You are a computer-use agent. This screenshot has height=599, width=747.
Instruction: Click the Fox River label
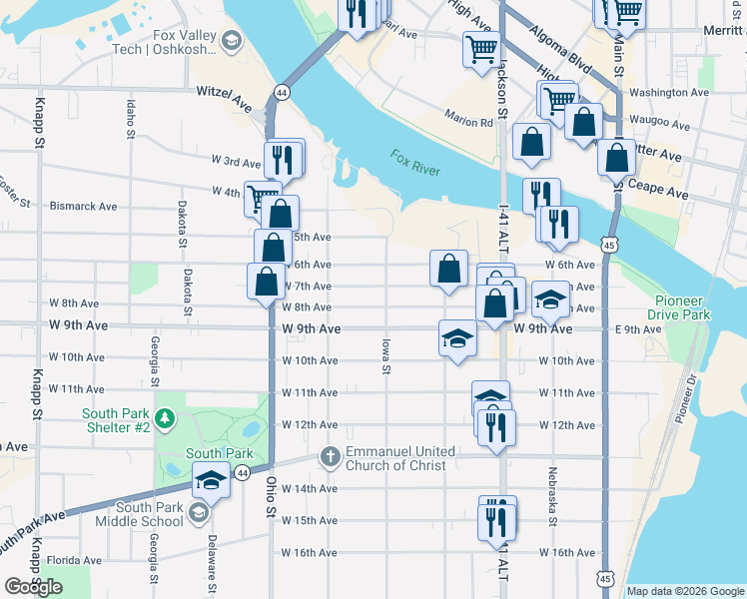coord(414,163)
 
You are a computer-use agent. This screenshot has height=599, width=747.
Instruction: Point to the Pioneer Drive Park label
coord(696,307)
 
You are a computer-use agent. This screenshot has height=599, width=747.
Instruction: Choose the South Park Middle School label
coord(140,512)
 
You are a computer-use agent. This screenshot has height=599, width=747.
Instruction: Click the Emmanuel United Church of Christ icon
coord(331,457)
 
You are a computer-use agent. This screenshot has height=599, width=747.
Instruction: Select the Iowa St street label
coord(384,355)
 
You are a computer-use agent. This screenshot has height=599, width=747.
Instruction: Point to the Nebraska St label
coord(551,495)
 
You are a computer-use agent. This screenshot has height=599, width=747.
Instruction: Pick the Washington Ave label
coord(669,93)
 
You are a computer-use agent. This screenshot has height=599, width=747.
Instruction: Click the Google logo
coord(33,586)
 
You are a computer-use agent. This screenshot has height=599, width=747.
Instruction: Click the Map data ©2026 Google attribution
coord(684,591)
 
